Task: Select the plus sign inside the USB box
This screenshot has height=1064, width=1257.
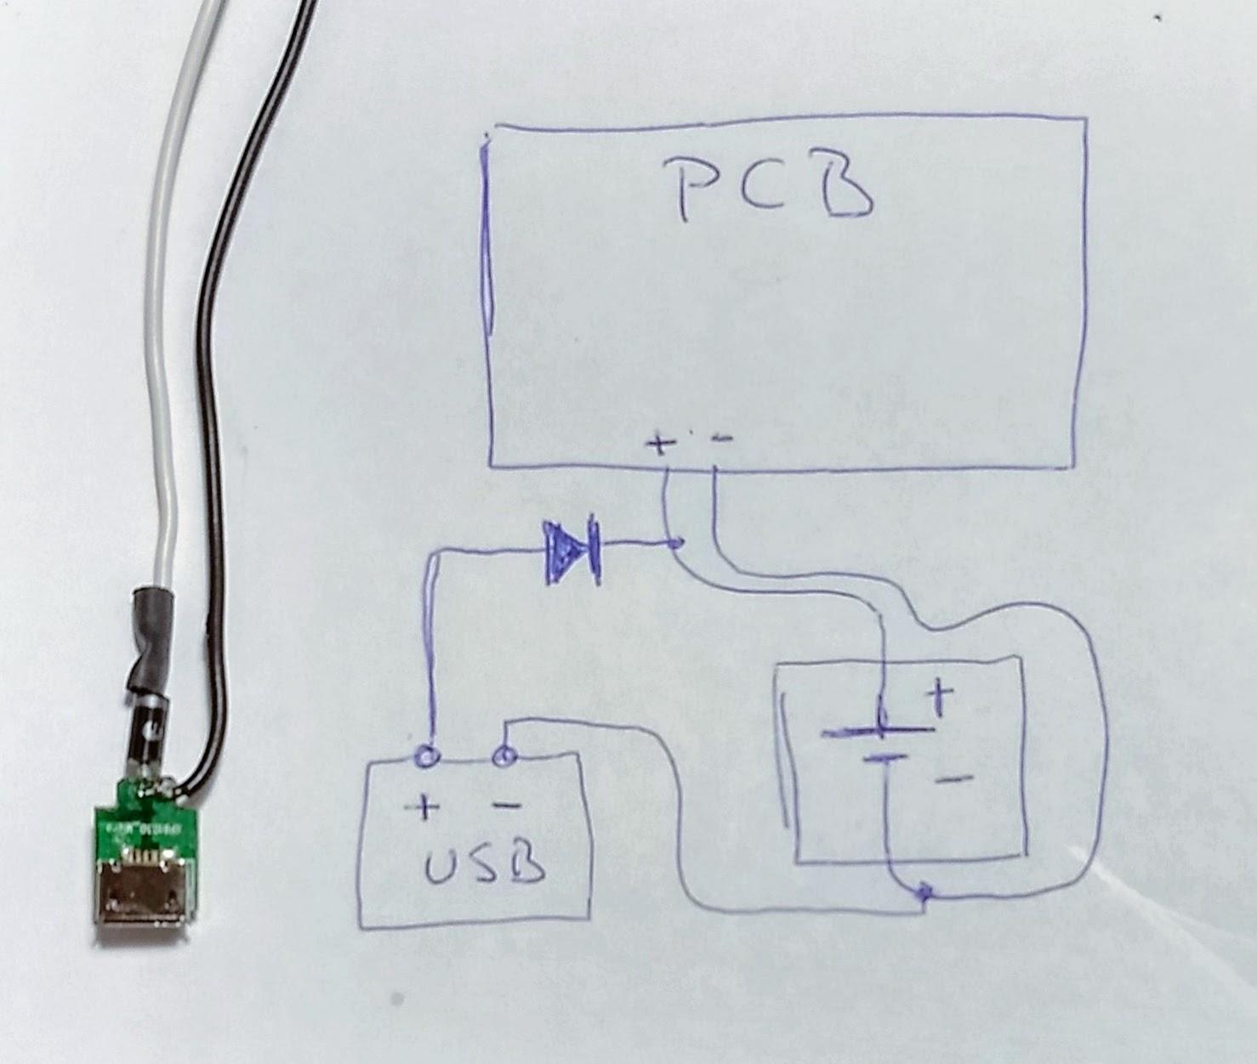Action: [x=424, y=808]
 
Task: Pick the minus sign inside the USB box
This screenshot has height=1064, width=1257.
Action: [x=508, y=805]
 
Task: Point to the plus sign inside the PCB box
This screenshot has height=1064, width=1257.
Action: [x=659, y=444]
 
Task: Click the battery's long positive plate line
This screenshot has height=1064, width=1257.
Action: [x=876, y=731]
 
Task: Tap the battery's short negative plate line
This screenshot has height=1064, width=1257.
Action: [x=884, y=757]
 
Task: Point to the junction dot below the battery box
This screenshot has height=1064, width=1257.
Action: [x=924, y=892]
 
